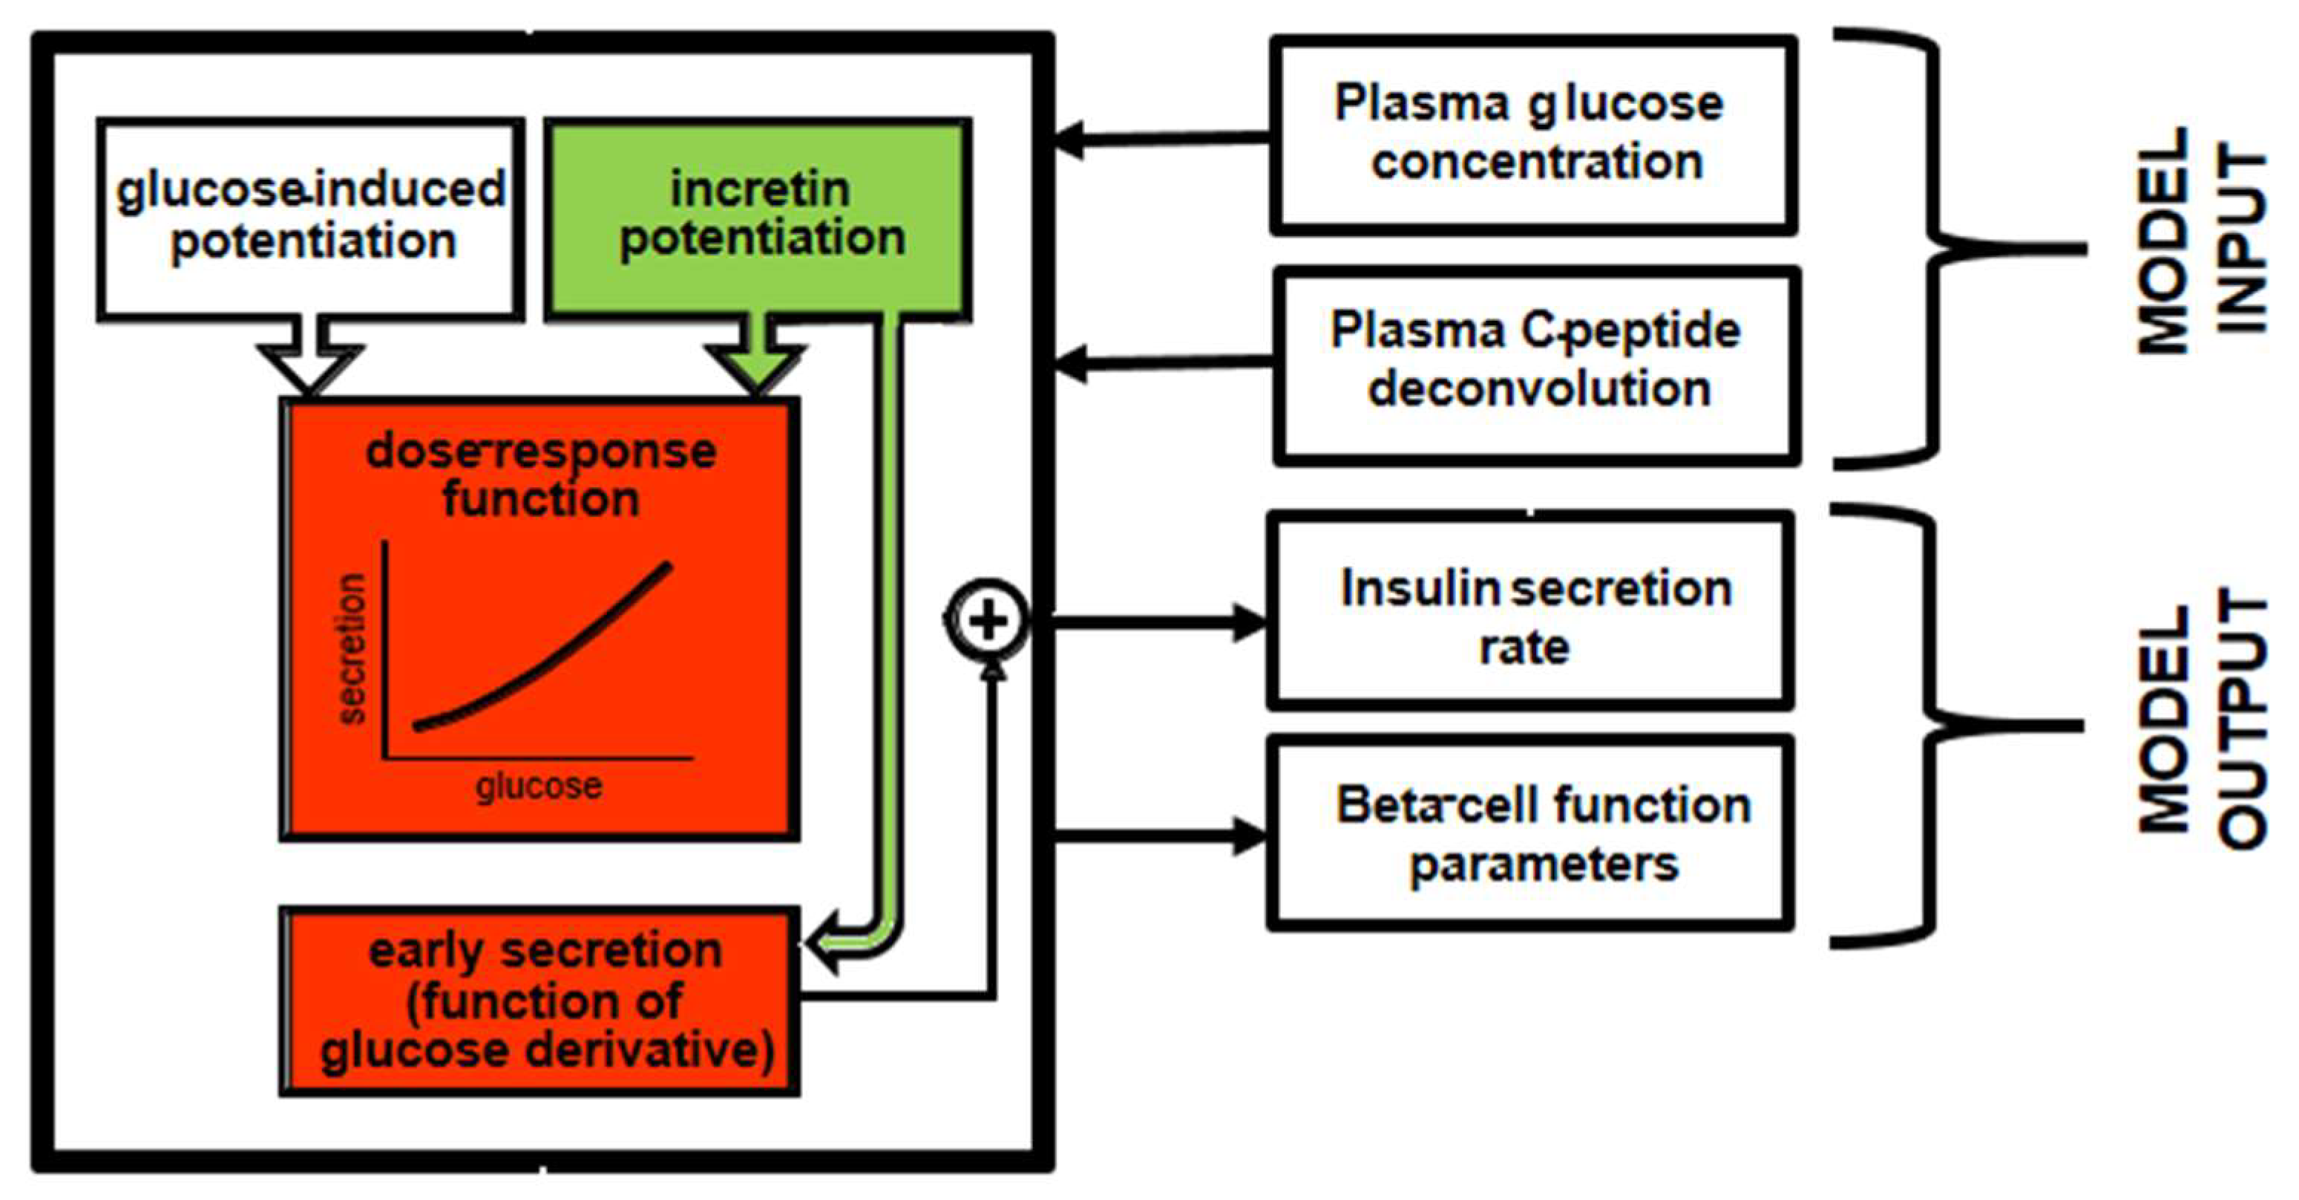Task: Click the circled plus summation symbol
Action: click(x=986, y=621)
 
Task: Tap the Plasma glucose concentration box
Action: click(x=1532, y=134)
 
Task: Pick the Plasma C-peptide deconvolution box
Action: click(x=1535, y=365)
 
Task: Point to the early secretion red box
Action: click(x=540, y=1000)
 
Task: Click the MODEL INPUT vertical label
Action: click(x=2201, y=241)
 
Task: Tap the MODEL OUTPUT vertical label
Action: click(x=2201, y=719)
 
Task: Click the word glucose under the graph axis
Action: click(x=539, y=786)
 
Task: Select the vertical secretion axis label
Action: click(x=352, y=648)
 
